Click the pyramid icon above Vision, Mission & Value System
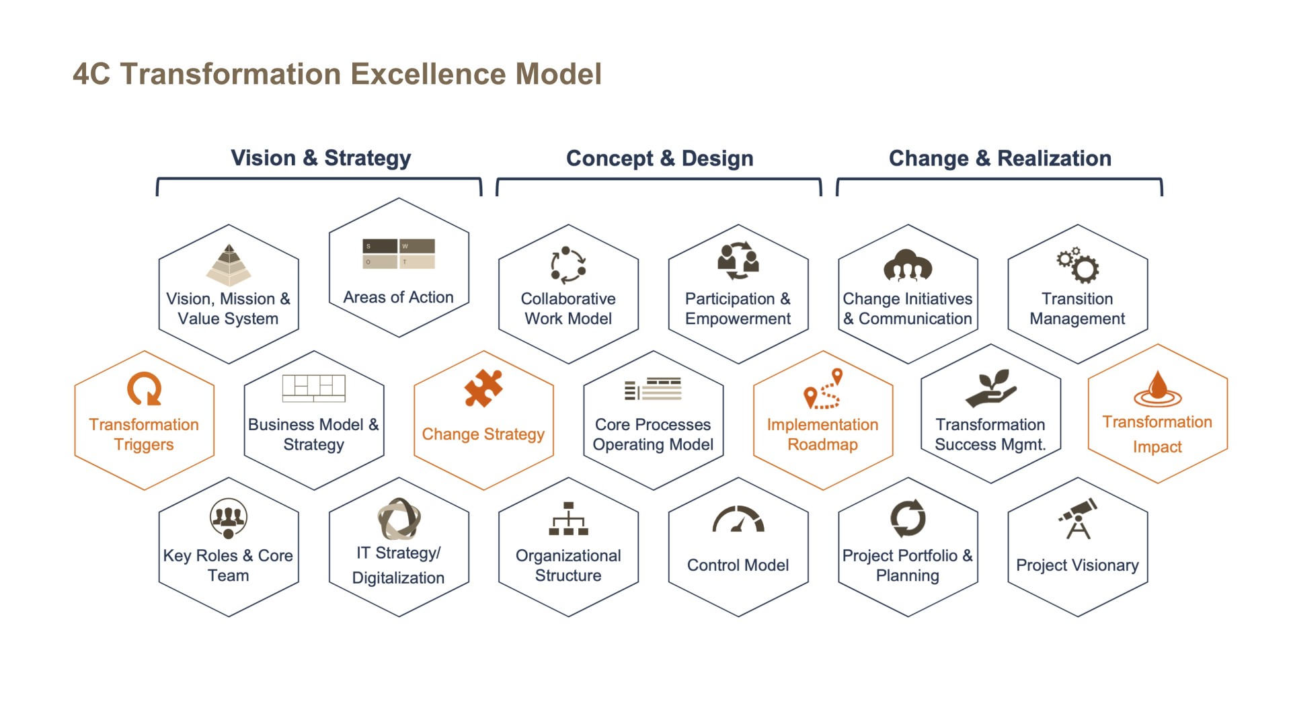(229, 265)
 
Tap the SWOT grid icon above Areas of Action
(399, 254)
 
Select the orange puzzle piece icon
(483, 389)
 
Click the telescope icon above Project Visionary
(1078, 518)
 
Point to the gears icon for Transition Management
(1078, 265)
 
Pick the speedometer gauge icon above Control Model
(738, 520)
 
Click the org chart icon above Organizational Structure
(568, 518)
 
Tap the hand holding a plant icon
(991, 389)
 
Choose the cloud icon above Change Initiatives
(908, 265)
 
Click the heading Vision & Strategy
(321, 158)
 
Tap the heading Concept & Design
(660, 158)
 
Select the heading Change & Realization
(1000, 158)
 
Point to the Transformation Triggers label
(144, 434)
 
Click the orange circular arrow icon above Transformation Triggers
(145, 389)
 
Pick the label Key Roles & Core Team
(228, 565)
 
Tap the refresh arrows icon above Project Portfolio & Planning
(908, 518)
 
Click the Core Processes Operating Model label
(653, 434)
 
